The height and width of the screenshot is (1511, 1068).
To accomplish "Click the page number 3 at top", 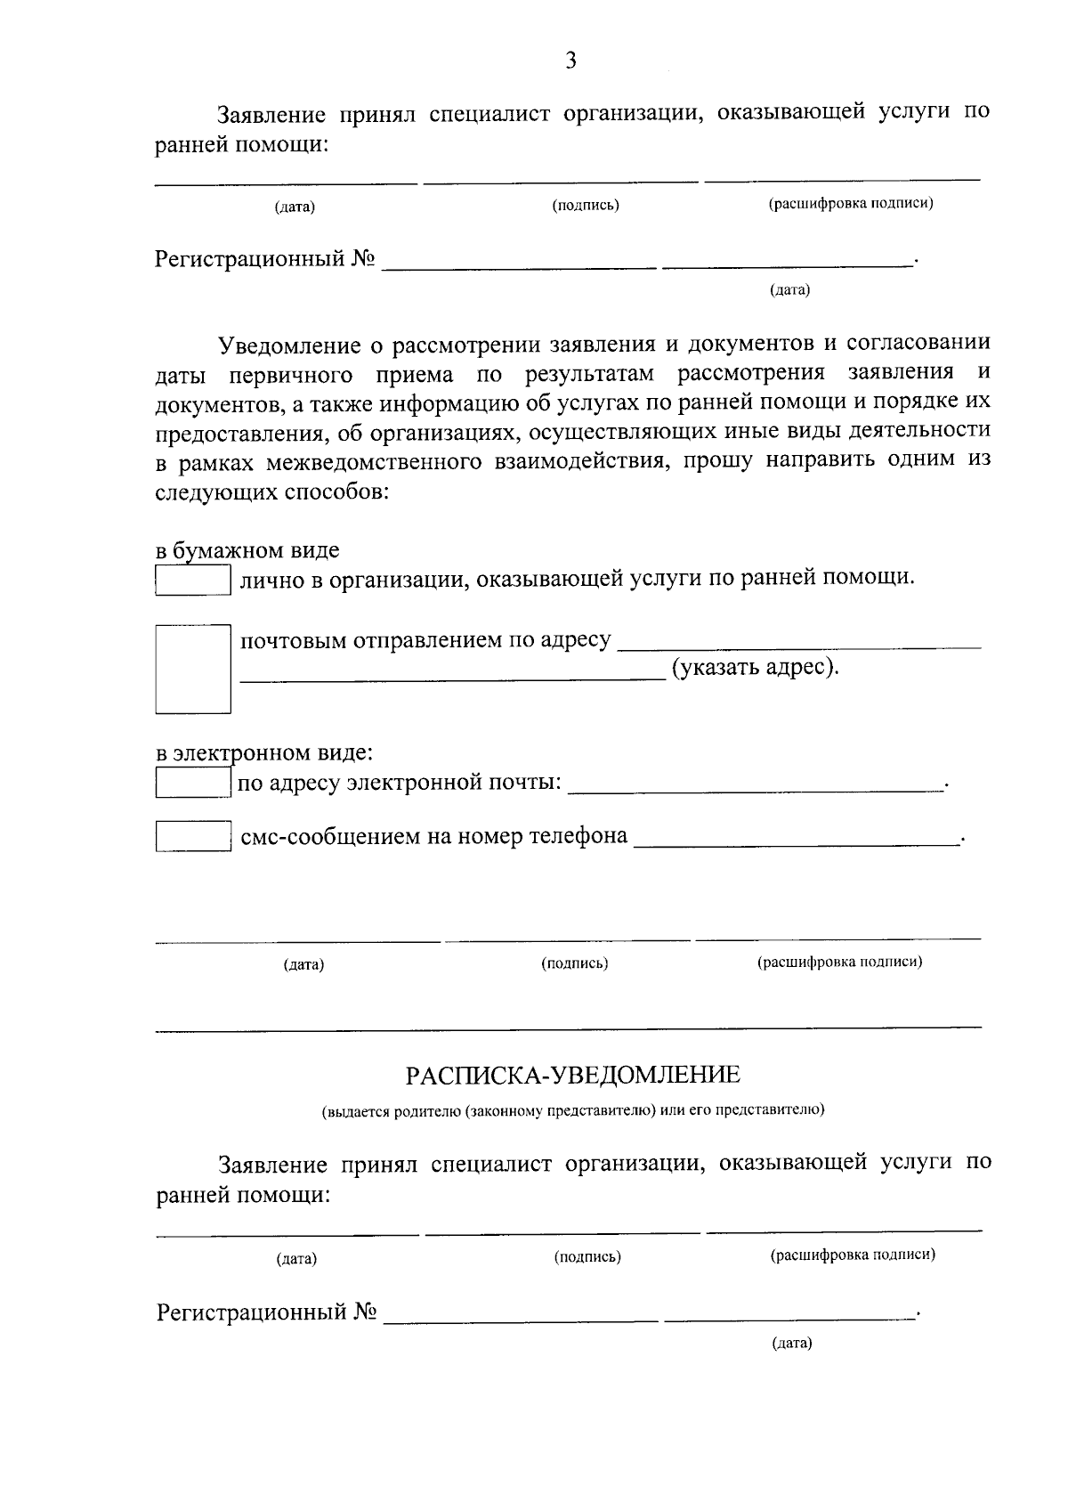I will pyautogui.click(x=570, y=61).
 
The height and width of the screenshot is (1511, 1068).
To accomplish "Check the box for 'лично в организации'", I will pyautogui.click(x=193, y=581).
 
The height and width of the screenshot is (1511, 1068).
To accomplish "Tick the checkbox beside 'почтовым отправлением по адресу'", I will pyautogui.click(x=193, y=669).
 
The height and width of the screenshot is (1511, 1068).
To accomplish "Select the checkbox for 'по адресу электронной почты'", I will pyautogui.click(x=193, y=784).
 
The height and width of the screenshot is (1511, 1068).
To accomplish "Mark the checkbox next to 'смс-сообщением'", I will pyautogui.click(x=193, y=836).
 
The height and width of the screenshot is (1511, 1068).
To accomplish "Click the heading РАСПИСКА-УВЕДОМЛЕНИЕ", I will pyautogui.click(x=572, y=1076).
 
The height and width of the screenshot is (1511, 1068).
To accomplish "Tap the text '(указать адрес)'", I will pyautogui.click(x=755, y=667).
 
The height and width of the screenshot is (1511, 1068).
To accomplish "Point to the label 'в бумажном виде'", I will pyautogui.click(x=247, y=550).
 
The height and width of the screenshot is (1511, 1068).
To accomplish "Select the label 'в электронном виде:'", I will pyautogui.click(x=264, y=753).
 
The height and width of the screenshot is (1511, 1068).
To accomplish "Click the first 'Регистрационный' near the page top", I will pyautogui.click(x=250, y=259).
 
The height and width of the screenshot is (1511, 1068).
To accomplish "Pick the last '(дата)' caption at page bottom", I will pyautogui.click(x=791, y=1343).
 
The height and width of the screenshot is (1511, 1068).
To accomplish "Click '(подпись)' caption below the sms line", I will pyautogui.click(x=574, y=963).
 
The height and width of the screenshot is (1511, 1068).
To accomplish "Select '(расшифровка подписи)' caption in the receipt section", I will pyautogui.click(x=852, y=1255).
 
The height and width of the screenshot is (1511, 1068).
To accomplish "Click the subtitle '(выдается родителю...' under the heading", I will pyautogui.click(x=572, y=1110).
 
